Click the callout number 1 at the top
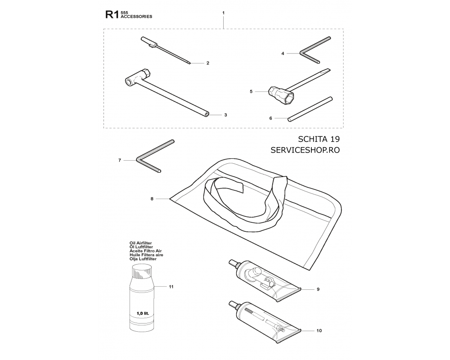coord(223,13)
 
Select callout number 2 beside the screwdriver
coord(208,63)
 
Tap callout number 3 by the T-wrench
coord(225,115)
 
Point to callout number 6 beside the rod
coord(270,118)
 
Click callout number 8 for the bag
coord(152,198)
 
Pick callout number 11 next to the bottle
coord(171,287)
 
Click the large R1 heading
coord(112,15)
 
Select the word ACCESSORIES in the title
coord(136,17)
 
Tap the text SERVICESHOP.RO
coord(305,150)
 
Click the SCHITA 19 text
coord(319,139)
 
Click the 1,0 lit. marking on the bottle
coord(143,313)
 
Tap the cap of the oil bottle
coord(142,271)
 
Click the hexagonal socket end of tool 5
coord(288,99)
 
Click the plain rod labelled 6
coord(310,109)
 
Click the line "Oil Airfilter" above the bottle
coord(140,243)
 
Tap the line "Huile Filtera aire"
coord(146,255)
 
